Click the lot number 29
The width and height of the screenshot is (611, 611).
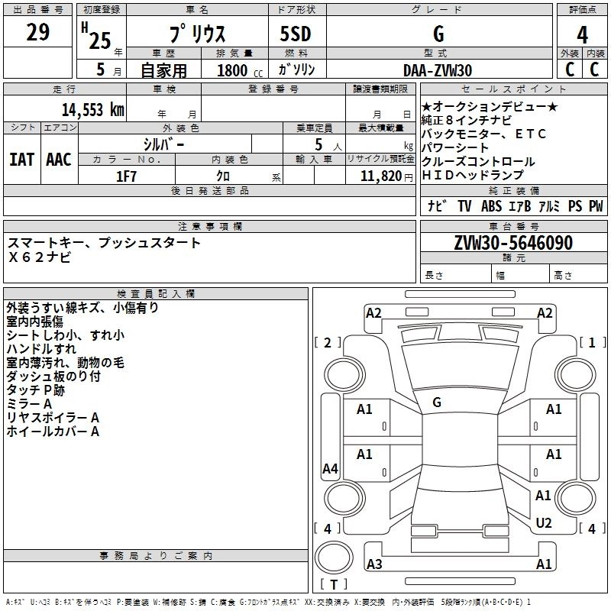coord(37,33)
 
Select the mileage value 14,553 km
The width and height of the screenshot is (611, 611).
coord(92,110)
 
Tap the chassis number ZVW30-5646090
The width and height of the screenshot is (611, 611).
coord(513,243)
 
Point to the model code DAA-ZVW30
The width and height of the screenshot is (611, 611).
coord(438,70)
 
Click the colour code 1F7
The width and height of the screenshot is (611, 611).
coord(126,175)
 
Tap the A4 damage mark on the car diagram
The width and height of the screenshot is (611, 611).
coord(330,469)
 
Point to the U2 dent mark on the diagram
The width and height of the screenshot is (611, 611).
coord(544,522)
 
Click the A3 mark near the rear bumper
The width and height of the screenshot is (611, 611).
coord(374,564)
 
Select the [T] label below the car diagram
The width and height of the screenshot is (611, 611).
coord(334,585)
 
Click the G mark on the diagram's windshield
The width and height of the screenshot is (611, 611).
coord(437,402)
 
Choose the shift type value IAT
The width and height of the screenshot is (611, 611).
coord(21,160)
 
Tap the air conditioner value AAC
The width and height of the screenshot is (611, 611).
coord(58,160)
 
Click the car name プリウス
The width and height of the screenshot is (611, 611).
coord(196,35)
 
